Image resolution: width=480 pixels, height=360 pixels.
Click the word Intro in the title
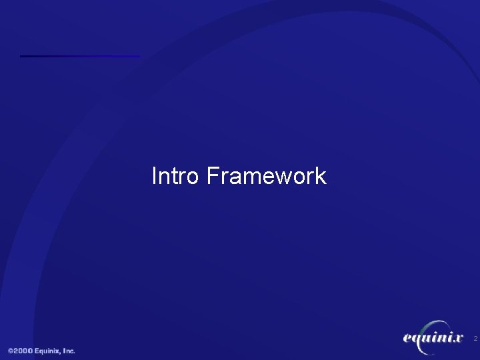[176, 176]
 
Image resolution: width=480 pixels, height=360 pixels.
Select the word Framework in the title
[266, 176]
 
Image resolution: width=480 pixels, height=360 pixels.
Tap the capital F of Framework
[212, 176]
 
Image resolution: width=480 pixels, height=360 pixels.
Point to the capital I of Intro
[155, 176]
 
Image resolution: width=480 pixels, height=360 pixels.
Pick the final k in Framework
[321, 176]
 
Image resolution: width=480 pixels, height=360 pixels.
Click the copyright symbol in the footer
[11, 351]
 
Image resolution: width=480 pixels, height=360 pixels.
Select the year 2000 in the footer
[24, 351]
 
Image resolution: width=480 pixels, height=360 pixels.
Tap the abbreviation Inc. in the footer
[69, 351]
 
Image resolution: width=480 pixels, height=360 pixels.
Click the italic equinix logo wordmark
[433, 339]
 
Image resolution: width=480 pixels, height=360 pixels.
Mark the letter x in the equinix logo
[458, 339]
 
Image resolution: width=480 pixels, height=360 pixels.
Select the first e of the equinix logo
[407, 339]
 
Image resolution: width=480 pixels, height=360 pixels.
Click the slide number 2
[475, 339]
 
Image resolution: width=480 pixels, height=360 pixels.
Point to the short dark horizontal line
[80, 56]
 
